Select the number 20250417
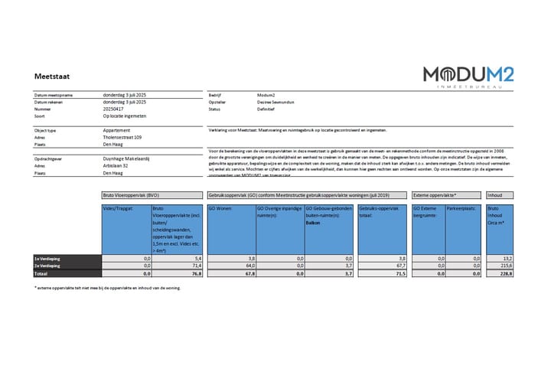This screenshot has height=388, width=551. (118, 109)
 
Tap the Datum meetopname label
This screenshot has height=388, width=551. (53, 95)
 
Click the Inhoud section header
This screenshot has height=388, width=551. (495, 195)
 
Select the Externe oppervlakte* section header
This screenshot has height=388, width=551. (435, 195)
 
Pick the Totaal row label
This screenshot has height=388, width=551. (41, 273)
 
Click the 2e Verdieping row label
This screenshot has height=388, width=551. (47, 266)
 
